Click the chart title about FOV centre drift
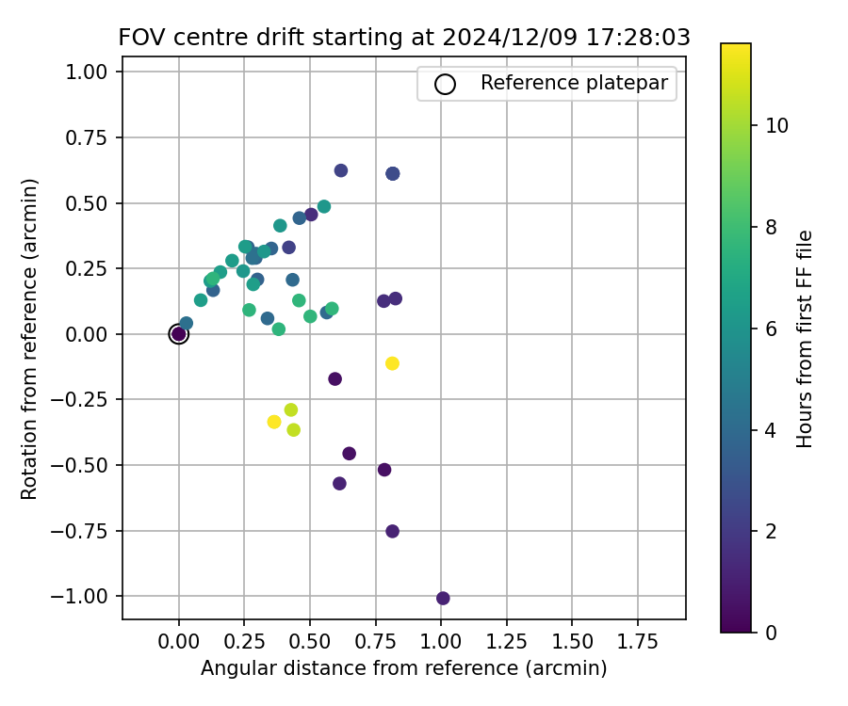[404, 38]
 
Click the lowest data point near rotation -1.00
[443, 598]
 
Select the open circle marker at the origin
[179, 334]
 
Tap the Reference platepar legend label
[574, 83]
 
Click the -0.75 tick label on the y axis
[89, 531]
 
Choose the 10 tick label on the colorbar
[776, 126]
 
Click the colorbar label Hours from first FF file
[805, 339]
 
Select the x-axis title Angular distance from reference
[403, 668]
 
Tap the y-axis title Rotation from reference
[30, 339]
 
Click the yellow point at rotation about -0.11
[392, 363]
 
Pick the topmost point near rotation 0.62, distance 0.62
[341, 170]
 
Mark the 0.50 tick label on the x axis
[310, 642]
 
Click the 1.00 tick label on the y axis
[92, 72]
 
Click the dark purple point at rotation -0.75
[392, 531]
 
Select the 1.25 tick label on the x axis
[507, 642]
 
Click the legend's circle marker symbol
[445, 84]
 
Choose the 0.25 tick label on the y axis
[92, 269]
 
